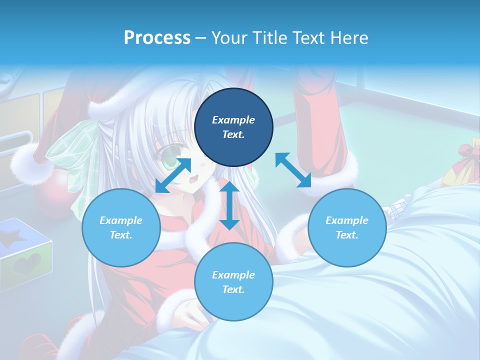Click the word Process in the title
pyautogui.click(x=157, y=38)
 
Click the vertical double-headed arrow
pyautogui.click(x=229, y=205)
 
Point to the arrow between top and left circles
pyautogui.click(x=173, y=175)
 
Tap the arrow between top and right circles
pyautogui.click(x=293, y=170)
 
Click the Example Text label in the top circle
pyautogui.click(x=233, y=127)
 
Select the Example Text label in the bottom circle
pyautogui.click(x=233, y=282)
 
